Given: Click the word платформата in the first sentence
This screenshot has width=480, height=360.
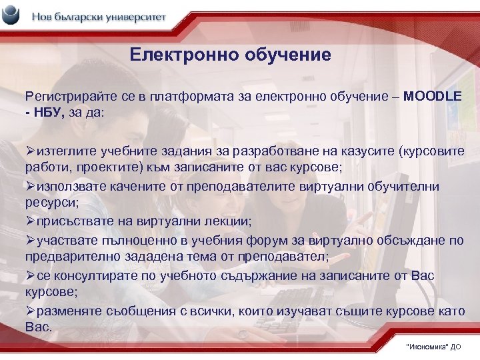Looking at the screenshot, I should [168, 97].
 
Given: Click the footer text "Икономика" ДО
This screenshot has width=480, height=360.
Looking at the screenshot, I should [432, 347].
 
